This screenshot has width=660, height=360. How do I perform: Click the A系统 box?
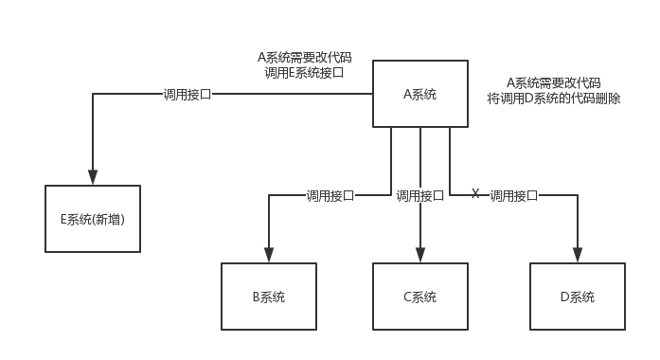[x=420, y=94]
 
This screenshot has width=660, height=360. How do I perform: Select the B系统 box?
[x=269, y=297]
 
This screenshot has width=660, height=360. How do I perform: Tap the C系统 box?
[x=419, y=297]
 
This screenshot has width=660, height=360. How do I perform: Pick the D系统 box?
[x=577, y=297]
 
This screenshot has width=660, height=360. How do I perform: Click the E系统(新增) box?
[x=93, y=219]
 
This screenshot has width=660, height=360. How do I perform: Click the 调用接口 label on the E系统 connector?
[x=187, y=95]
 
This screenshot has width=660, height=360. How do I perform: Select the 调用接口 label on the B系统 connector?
[x=330, y=196]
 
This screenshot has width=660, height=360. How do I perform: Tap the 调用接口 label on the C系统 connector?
[x=419, y=196]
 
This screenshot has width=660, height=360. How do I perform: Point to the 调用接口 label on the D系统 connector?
[x=513, y=196]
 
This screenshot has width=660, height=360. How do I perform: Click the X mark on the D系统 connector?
[x=475, y=194]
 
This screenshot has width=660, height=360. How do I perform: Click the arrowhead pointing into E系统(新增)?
[x=93, y=177]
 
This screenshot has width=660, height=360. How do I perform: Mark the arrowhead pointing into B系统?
[x=269, y=255]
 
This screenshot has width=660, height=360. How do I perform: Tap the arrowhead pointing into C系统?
[x=419, y=255]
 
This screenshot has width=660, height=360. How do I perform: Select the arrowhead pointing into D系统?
[x=577, y=255]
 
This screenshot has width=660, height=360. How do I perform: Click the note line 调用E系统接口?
[x=304, y=72]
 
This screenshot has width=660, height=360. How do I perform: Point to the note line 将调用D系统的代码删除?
[x=554, y=98]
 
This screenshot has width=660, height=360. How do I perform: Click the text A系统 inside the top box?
[x=420, y=94]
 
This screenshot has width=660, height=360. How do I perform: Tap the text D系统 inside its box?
[x=577, y=297]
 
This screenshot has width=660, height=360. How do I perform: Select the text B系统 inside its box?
[x=269, y=297]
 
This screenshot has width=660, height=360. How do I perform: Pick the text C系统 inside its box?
[x=419, y=297]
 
